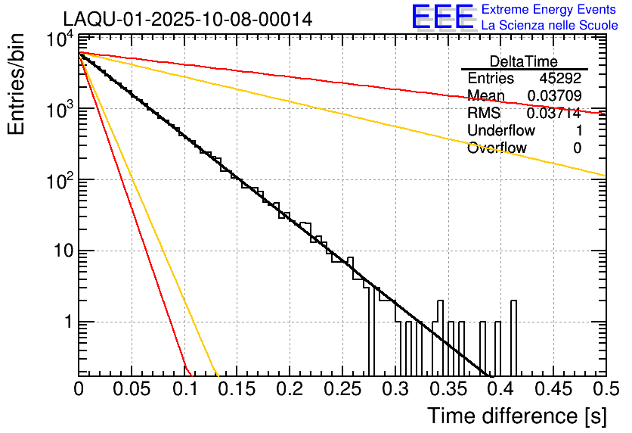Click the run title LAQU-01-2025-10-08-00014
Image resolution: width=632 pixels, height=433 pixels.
click(x=187, y=20)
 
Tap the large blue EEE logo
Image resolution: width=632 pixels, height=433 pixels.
click(x=442, y=17)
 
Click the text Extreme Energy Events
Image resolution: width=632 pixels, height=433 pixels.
click(x=548, y=10)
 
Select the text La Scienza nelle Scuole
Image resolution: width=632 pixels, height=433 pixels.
click(x=550, y=25)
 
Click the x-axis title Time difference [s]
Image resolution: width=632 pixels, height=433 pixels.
click(x=516, y=416)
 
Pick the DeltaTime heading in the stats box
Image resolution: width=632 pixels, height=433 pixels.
click(x=523, y=61)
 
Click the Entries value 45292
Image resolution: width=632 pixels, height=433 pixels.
click(x=560, y=79)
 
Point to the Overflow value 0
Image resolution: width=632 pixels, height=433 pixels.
click(x=577, y=148)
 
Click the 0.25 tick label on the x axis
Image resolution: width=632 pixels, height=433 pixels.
click(x=342, y=390)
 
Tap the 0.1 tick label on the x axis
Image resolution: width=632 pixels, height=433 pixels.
click(x=184, y=390)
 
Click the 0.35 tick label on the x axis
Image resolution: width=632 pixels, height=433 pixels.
click(x=448, y=390)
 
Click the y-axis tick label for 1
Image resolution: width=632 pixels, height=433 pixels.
click(x=67, y=322)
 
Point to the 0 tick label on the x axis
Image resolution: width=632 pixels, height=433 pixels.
click(x=79, y=390)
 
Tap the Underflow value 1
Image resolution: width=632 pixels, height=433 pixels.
click(x=577, y=131)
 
